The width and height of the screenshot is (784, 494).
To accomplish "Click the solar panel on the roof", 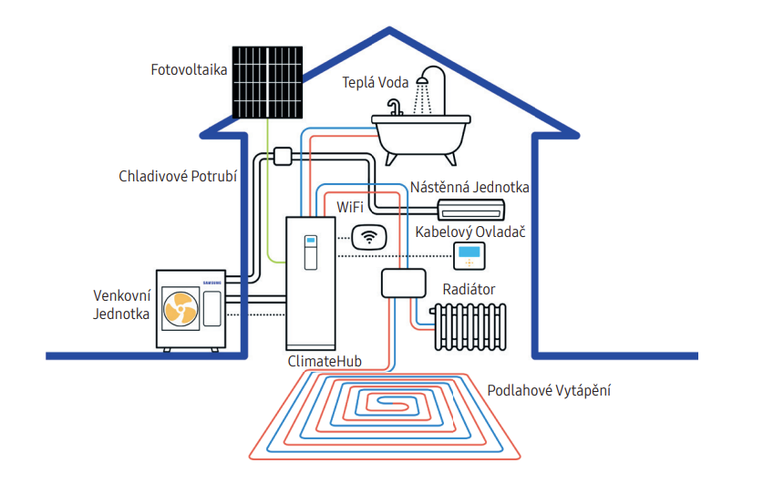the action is [x=267, y=83].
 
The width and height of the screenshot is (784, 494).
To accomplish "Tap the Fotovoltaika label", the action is [x=189, y=69].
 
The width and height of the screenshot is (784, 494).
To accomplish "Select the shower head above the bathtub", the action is [x=422, y=80].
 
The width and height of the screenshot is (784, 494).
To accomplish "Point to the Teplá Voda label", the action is [x=376, y=83].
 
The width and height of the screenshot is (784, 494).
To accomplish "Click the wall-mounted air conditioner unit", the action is [x=471, y=210].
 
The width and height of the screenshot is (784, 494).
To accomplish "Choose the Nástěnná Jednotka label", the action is [x=469, y=187].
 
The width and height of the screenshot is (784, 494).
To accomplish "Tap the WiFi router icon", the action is [x=369, y=237].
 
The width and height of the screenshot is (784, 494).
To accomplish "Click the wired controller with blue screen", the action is [x=469, y=255].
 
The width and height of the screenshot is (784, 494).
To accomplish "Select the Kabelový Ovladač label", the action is [x=470, y=232].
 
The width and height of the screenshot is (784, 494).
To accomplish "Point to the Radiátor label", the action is [x=469, y=289].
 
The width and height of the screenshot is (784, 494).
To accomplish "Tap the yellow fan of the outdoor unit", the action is [x=181, y=308].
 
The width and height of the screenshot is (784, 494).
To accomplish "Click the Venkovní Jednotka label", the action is [x=121, y=304].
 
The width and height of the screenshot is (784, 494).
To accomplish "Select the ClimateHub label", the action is [x=325, y=361].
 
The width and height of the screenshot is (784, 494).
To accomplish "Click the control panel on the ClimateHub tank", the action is [x=311, y=252].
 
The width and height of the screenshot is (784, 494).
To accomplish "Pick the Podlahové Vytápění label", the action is [x=549, y=390].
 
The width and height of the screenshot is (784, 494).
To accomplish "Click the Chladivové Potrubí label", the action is [x=178, y=176].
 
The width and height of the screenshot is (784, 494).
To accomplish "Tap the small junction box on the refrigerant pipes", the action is [x=283, y=156].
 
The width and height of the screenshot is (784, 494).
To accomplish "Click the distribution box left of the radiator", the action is [x=404, y=283].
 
